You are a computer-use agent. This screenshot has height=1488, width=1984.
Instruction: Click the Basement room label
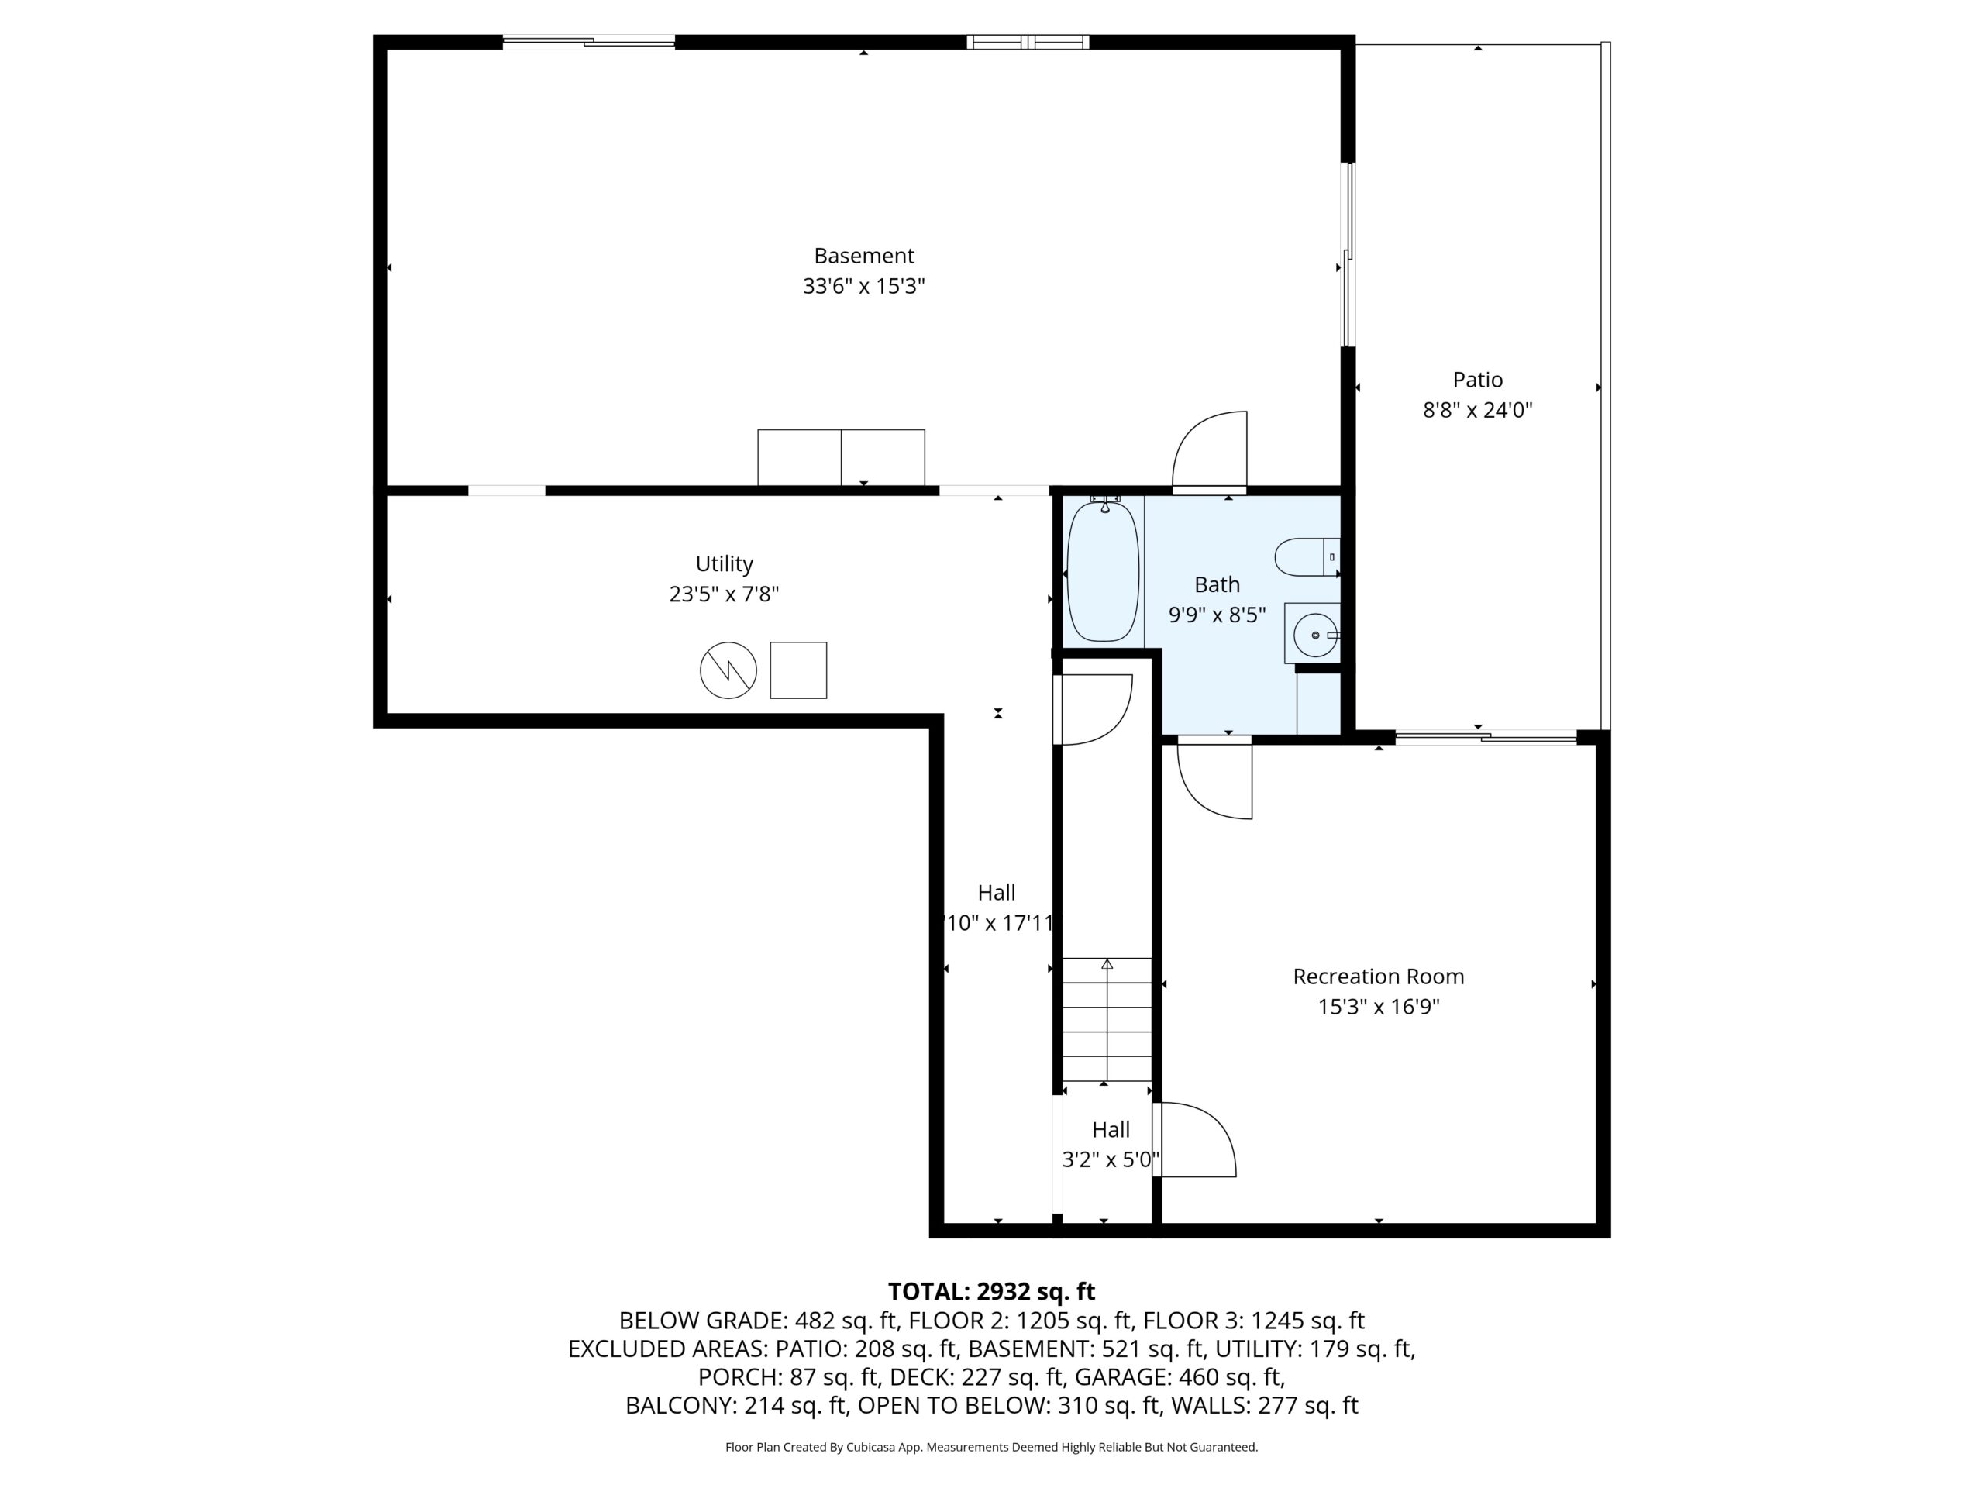(864, 257)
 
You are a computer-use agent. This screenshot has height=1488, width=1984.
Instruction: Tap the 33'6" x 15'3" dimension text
(864, 286)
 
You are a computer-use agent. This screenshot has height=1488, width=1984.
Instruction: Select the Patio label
(1477, 380)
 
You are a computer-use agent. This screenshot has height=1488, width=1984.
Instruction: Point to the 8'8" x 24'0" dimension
(1477, 410)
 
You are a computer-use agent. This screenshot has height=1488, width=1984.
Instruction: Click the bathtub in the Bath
(1104, 570)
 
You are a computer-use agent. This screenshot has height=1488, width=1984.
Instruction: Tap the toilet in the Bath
(1307, 557)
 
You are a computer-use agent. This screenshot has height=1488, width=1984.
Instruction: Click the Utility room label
(724, 564)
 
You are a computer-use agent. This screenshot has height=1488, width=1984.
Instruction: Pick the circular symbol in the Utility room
(728, 670)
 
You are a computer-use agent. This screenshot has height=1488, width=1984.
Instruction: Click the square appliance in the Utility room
(798, 670)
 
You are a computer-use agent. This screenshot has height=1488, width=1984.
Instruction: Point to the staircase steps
(1107, 1020)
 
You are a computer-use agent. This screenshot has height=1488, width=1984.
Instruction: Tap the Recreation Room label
(1379, 976)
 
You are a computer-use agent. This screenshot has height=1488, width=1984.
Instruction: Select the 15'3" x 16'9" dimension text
(1379, 1007)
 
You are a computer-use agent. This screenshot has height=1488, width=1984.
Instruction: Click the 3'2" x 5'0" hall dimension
(1111, 1159)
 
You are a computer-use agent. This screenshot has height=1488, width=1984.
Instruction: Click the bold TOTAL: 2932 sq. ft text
(991, 1292)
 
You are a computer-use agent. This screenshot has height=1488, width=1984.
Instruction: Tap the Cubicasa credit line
(991, 1447)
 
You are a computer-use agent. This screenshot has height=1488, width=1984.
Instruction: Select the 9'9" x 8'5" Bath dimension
(1217, 615)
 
